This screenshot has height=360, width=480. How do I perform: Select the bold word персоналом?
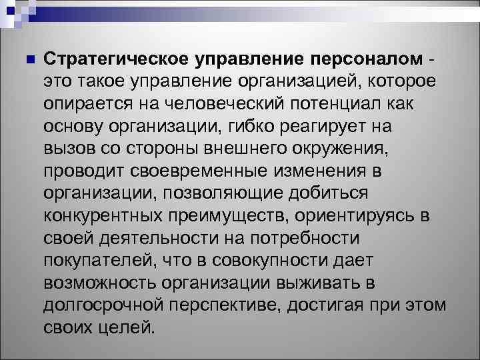365,59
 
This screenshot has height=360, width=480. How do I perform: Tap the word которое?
404,82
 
